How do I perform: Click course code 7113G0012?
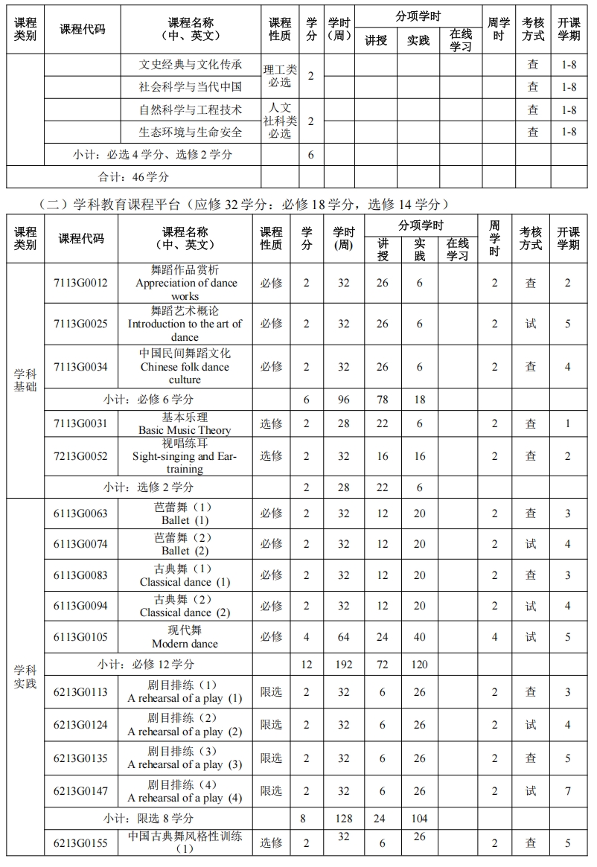pyautogui.click(x=80, y=283)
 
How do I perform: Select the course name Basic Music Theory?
pyautogui.click(x=185, y=423)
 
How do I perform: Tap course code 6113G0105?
pyautogui.click(x=80, y=636)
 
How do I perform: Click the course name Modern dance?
pyautogui.click(x=185, y=637)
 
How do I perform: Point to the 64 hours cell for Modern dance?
pyautogui.click(x=343, y=636)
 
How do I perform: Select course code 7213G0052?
pyautogui.click(x=80, y=455)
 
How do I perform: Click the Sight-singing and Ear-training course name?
pyautogui.click(x=185, y=456)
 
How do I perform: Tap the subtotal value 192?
pyautogui.click(x=343, y=664)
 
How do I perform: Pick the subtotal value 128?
pyautogui.click(x=343, y=819)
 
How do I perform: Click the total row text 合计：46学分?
pyautogui.click(x=134, y=177)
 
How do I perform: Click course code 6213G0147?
pyautogui.click(x=80, y=791)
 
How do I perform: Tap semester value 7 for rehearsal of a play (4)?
pyautogui.click(x=567, y=791)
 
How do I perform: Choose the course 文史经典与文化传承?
pyautogui.click(x=191, y=65)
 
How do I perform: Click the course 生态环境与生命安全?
pyautogui.click(x=191, y=132)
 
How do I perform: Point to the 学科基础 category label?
pyautogui.click(x=25, y=380)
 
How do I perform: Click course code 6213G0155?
pyautogui.click(x=80, y=843)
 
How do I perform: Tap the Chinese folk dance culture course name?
pyautogui.click(x=185, y=366)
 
